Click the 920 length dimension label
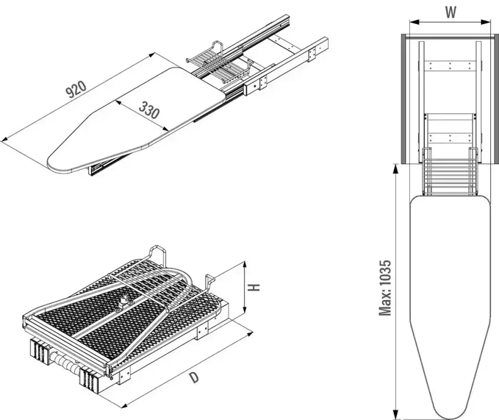click(x=76, y=89)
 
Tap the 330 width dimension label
click(x=149, y=109)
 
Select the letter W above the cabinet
click(x=451, y=12)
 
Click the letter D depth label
click(x=194, y=377)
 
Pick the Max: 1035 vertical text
click(x=385, y=288)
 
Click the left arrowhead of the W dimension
click(x=413, y=22)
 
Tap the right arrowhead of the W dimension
click(x=486, y=22)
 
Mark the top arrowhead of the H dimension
click(x=245, y=265)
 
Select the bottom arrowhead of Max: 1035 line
click(x=395, y=414)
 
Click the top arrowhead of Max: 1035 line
click(x=395, y=169)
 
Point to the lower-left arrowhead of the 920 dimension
click(x=4, y=139)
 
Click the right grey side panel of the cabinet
click(x=496, y=99)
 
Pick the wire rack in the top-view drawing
click(x=450, y=172)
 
